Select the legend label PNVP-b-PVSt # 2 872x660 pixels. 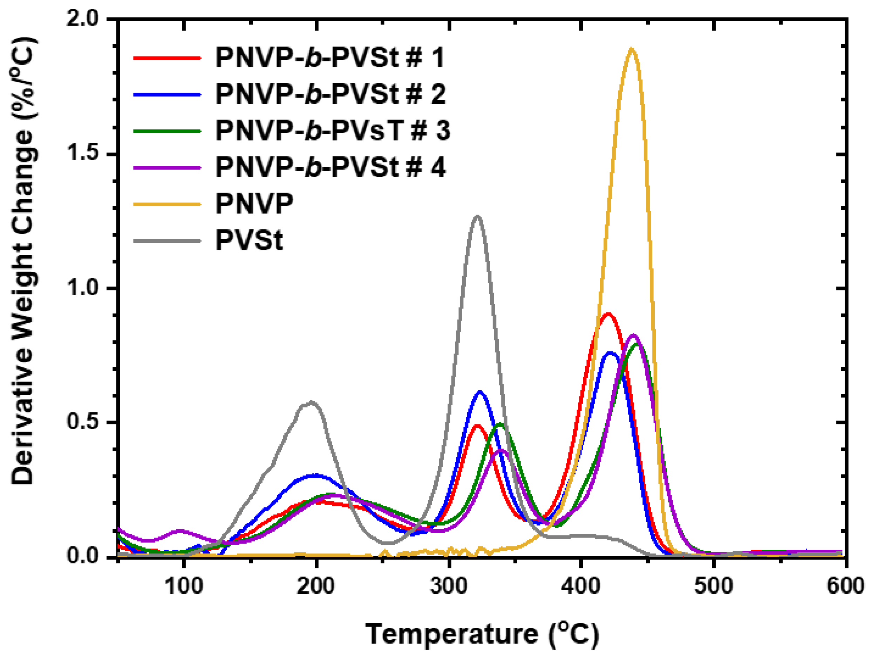click(331, 94)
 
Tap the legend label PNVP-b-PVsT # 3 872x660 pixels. click(333, 130)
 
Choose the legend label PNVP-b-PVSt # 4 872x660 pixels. click(331, 167)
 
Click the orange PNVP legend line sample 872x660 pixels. click(168, 204)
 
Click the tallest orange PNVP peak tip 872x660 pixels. click(632, 49)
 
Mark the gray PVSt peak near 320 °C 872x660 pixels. click(478, 216)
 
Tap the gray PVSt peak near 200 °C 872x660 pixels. click(312, 402)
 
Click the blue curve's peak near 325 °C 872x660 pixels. click(480, 392)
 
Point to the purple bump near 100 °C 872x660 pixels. click(180, 531)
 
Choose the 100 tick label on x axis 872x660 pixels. click(183, 587)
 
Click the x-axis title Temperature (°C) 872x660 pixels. click(482, 634)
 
